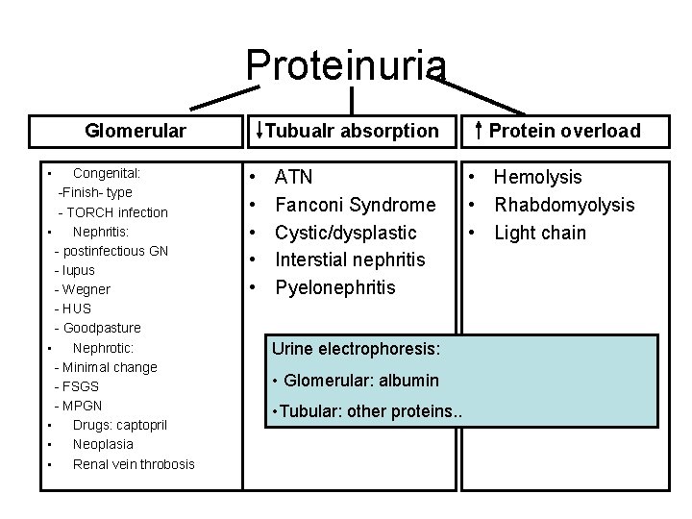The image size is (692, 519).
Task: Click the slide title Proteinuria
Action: click(x=346, y=64)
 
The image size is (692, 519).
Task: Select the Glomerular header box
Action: click(x=135, y=131)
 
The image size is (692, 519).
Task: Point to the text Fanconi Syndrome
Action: click(x=355, y=205)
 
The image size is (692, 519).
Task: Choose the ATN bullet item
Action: click(x=293, y=177)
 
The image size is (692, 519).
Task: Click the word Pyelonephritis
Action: click(x=334, y=287)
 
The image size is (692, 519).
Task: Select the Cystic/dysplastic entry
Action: click(x=345, y=233)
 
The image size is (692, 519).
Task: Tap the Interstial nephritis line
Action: click(x=349, y=259)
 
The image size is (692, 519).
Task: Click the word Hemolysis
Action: click(x=537, y=177)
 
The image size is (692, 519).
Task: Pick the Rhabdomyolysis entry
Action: click(x=563, y=205)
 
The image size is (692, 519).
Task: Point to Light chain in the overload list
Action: click(x=539, y=233)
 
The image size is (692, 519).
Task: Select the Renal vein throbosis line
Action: click(x=134, y=464)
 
